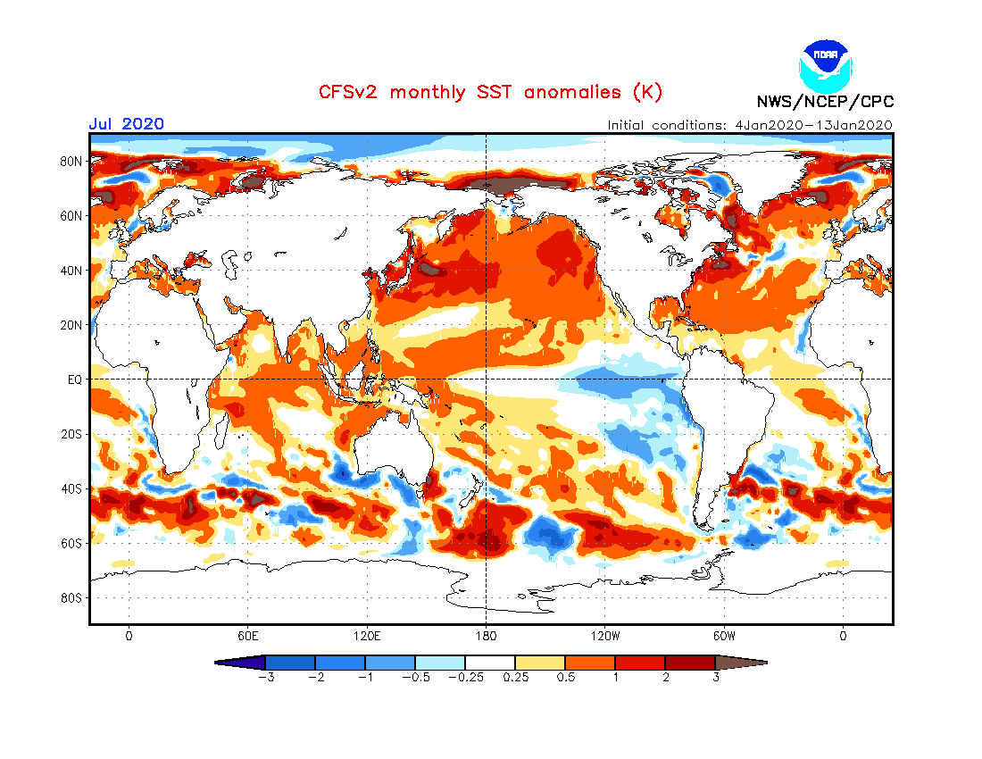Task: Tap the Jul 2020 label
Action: pos(126,124)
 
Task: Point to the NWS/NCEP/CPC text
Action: pos(825,101)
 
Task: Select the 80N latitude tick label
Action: pos(72,162)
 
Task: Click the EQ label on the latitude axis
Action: pos(75,379)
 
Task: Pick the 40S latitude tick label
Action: pos(72,488)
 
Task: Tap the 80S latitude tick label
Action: pos(72,597)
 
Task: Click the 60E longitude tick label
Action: pos(247,637)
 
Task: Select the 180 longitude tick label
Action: pos(486,637)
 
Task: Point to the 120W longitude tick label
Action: pos(604,637)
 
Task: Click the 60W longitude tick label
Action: pos(724,637)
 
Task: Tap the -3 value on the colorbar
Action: pos(264,678)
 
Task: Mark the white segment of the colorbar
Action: pos(490,663)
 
